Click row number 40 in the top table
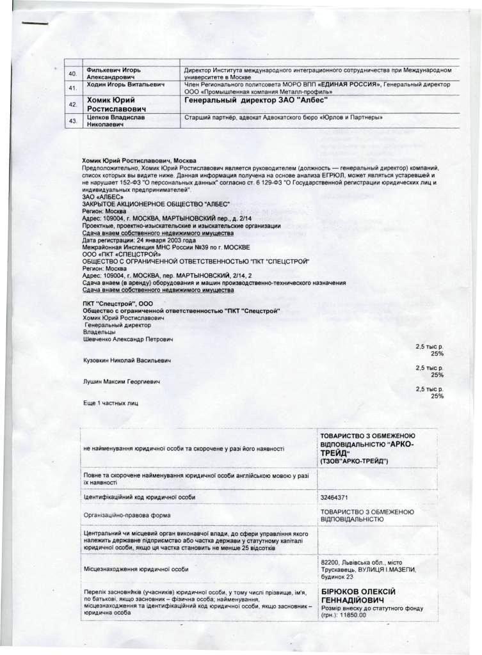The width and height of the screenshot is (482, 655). point(72,73)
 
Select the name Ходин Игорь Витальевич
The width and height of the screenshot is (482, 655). point(126,84)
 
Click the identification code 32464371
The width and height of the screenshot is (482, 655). point(333,497)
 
